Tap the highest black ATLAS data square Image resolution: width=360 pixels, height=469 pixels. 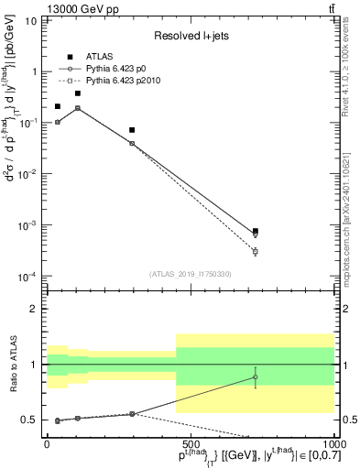tap(78, 93)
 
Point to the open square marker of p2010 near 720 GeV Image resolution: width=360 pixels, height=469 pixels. tap(256, 252)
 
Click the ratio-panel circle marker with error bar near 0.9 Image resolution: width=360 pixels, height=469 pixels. tap(256, 376)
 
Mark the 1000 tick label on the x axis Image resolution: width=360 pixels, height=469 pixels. tap(333, 443)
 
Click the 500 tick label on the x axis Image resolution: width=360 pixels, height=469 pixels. tap(191, 443)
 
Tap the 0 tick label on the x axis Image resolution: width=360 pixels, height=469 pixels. tap(48, 443)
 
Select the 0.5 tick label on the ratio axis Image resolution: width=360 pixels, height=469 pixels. tap(29, 420)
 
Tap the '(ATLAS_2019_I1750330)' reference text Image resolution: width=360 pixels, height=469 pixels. tap(190, 274)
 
